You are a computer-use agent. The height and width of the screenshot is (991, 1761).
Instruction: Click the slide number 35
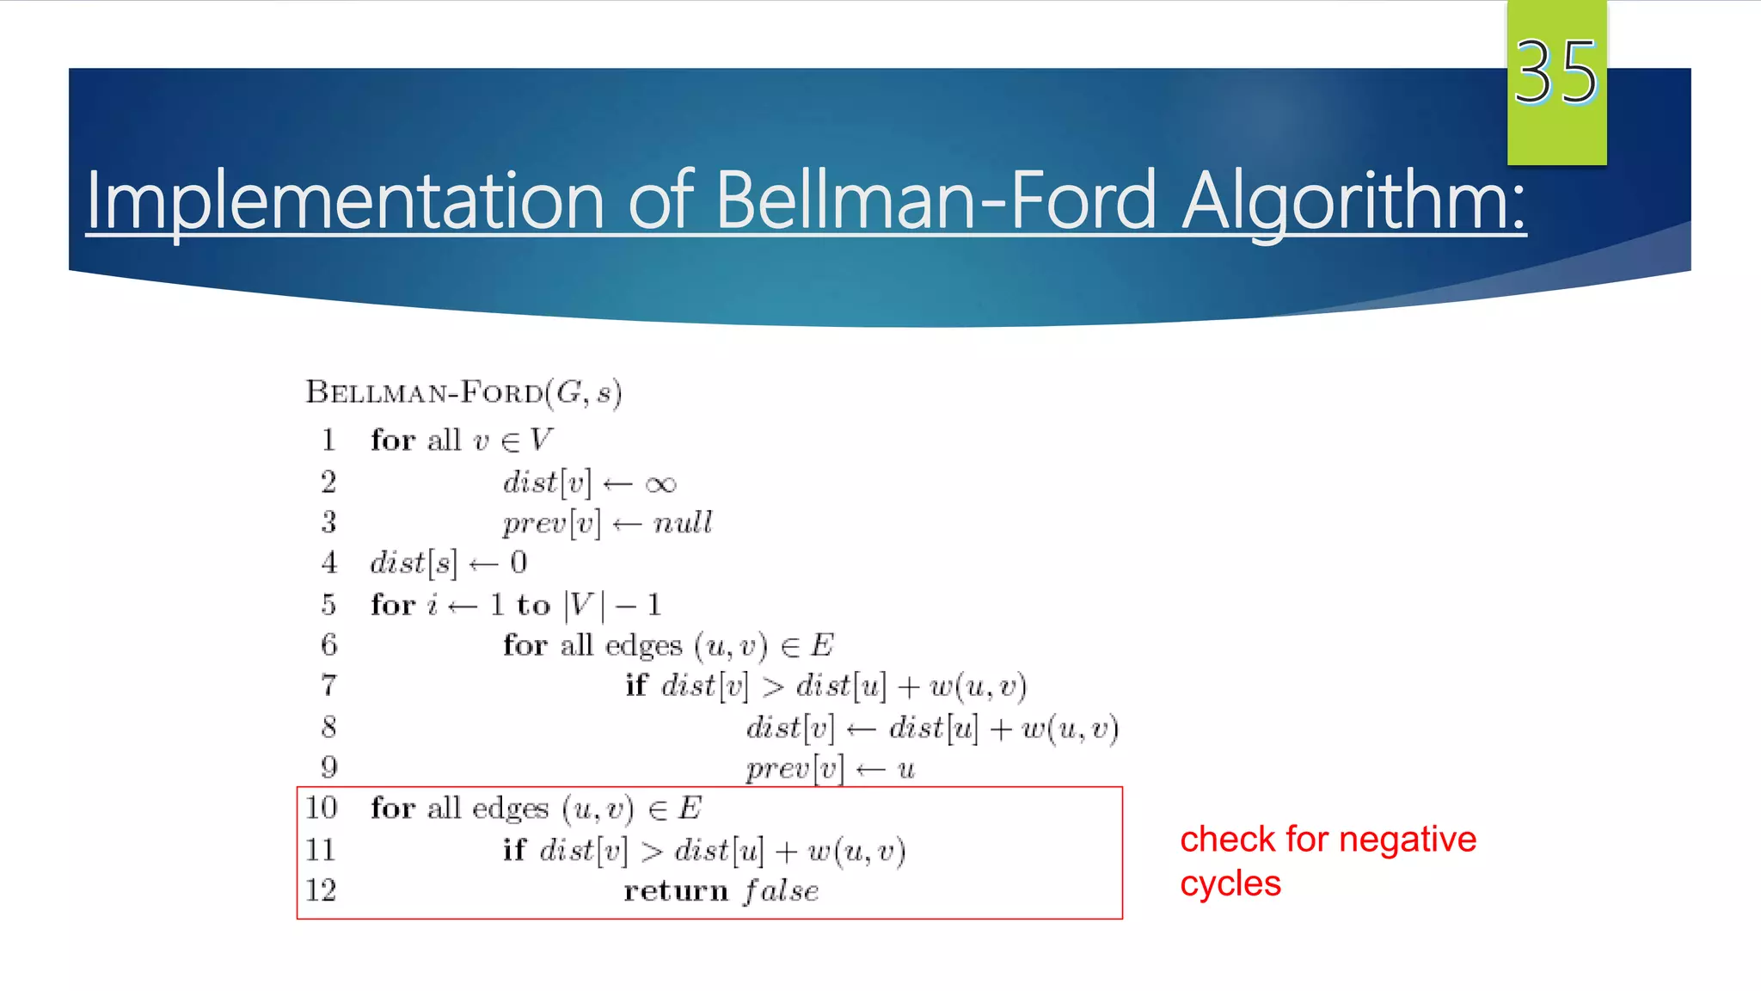(x=1555, y=72)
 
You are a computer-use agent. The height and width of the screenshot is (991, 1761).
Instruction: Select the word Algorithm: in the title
(x=1353, y=201)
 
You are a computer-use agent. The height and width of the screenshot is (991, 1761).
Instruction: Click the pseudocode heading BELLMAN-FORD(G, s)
(x=463, y=393)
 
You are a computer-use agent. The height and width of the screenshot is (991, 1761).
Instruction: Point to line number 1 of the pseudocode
(x=328, y=440)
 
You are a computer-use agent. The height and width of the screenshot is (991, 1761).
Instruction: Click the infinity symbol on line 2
(x=660, y=484)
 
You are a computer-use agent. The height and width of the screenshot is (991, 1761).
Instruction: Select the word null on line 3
(x=683, y=523)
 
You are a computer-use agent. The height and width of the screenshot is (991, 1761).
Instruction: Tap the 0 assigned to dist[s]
(x=518, y=563)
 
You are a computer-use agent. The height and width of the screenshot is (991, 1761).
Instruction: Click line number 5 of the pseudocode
(x=328, y=605)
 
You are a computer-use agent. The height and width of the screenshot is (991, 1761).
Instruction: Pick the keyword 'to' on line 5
(x=533, y=606)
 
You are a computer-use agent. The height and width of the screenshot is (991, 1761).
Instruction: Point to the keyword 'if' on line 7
(x=635, y=686)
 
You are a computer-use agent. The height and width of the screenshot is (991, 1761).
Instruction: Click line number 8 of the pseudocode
(x=328, y=728)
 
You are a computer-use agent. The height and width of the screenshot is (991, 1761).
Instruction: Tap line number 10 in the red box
(x=322, y=808)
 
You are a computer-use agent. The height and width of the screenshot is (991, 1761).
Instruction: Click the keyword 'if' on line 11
(x=513, y=850)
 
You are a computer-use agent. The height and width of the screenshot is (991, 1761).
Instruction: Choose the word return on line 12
(x=676, y=891)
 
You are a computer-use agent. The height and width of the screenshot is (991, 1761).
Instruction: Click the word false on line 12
(x=782, y=890)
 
